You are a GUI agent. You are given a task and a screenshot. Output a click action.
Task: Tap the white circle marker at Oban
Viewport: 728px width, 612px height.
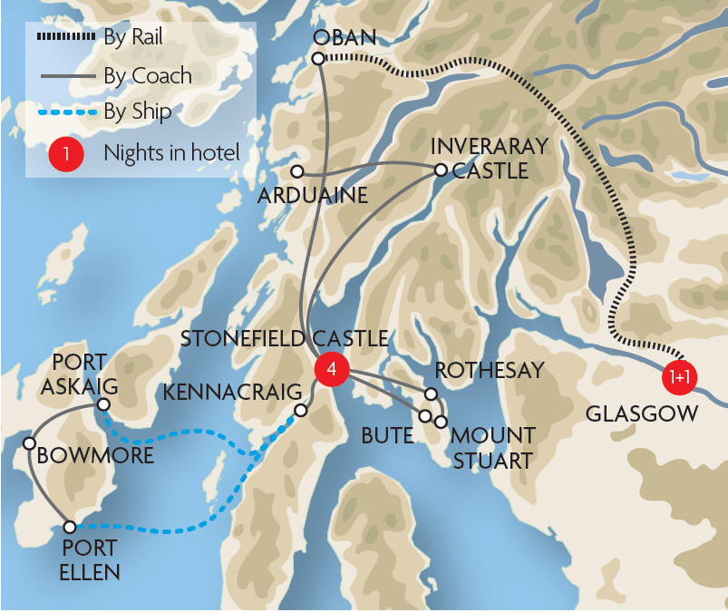coord(318,59)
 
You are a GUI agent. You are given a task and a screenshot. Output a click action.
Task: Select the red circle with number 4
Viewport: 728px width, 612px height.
coord(331,369)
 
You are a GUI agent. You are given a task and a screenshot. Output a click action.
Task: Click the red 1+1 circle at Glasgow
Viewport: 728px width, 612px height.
coord(680,377)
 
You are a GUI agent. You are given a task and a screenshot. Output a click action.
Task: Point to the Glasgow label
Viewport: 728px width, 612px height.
coord(642,414)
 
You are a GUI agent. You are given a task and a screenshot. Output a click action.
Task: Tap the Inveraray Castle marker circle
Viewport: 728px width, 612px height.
coord(441,170)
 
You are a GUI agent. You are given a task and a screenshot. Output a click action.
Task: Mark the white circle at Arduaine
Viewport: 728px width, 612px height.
coord(296,170)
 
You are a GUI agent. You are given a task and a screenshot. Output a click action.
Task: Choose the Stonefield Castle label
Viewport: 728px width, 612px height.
coord(284,339)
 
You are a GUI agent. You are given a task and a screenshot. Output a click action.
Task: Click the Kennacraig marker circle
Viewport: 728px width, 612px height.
coord(301,410)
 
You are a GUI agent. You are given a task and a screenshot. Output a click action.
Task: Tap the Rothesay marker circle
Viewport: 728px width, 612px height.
coord(432,394)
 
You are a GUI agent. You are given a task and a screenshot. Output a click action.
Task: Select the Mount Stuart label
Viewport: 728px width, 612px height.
coord(493,448)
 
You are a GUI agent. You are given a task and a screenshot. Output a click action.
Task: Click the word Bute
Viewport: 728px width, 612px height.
coord(387,436)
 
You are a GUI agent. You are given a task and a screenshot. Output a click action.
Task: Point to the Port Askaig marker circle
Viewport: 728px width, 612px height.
coord(104,404)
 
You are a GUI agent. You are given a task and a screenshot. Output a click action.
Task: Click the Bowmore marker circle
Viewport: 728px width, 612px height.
coord(29,443)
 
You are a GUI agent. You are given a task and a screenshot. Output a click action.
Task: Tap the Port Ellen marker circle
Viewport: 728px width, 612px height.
coord(70,526)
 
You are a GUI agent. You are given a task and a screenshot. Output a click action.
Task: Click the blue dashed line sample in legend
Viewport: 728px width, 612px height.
coord(66,112)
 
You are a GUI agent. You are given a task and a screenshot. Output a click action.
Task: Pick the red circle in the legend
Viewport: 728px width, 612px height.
coord(66,152)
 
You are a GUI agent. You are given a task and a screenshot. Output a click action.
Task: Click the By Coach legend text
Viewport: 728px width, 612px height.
coord(148,75)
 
